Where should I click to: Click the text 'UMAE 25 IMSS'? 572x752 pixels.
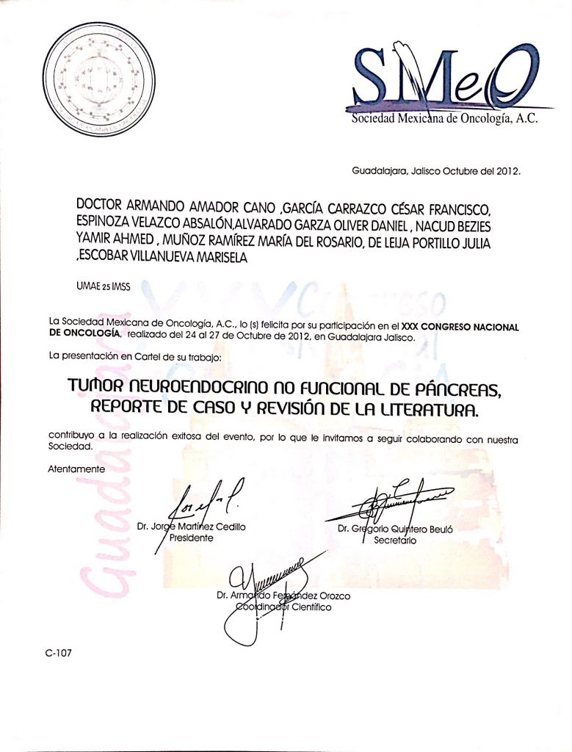[x=103, y=287]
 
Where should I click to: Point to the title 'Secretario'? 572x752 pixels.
[x=395, y=540]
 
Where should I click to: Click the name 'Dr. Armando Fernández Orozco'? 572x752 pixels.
[x=283, y=596]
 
